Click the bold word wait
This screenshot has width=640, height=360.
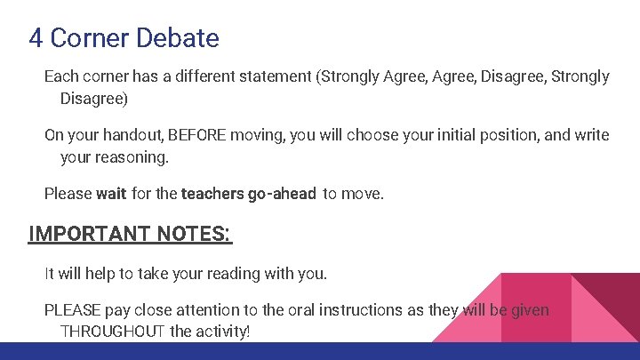coord(111,193)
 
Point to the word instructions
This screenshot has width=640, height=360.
coord(361,310)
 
